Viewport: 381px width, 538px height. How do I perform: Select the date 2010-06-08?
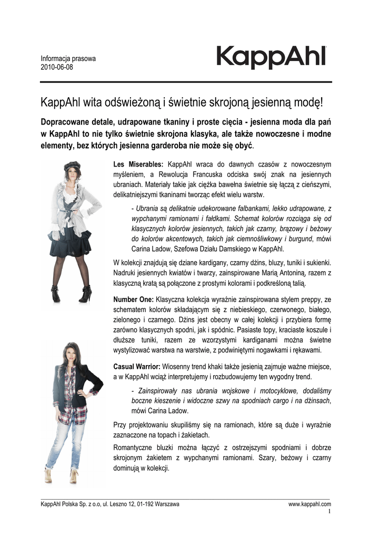click(x=57, y=68)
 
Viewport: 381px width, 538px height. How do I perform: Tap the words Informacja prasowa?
click(x=68, y=59)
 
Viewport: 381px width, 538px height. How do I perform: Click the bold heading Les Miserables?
click(x=138, y=164)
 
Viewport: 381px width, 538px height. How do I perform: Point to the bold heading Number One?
click(x=133, y=299)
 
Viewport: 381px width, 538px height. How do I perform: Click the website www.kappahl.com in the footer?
click(x=309, y=504)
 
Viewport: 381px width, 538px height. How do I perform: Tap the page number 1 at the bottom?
click(x=329, y=511)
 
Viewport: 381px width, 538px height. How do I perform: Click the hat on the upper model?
click(x=71, y=167)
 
